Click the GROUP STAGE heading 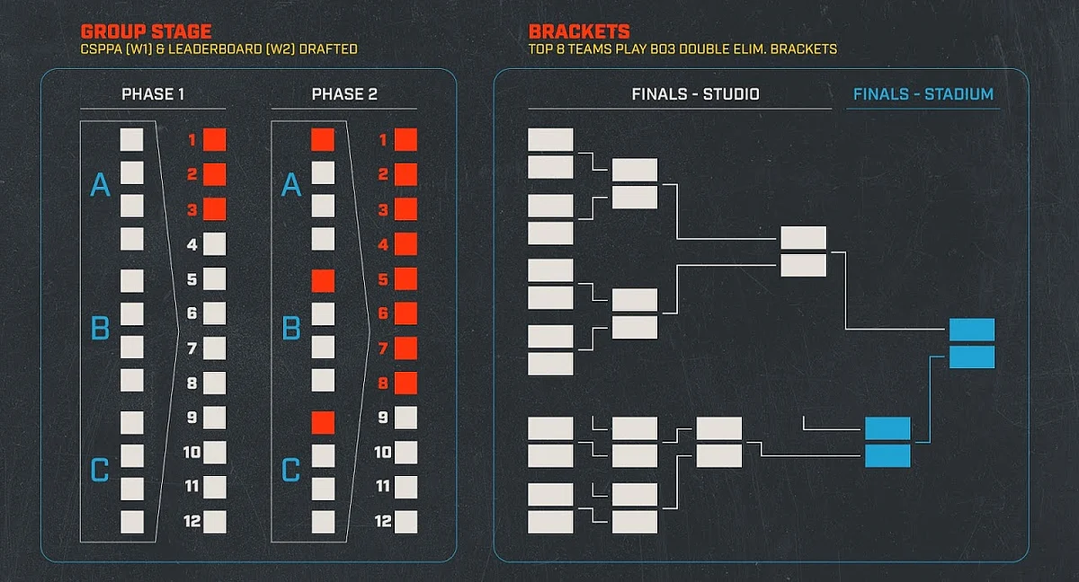click(x=146, y=31)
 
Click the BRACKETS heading click(x=579, y=31)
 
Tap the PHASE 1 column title click(x=153, y=94)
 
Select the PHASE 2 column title click(x=344, y=94)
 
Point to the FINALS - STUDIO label click(x=696, y=94)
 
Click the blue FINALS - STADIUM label click(x=923, y=94)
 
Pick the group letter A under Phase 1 click(x=100, y=185)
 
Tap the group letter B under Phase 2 click(x=291, y=328)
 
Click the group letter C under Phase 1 click(x=100, y=470)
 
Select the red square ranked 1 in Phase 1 click(x=214, y=140)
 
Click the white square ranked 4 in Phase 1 click(x=214, y=244)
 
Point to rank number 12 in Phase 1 click(x=192, y=521)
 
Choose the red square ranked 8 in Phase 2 click(x=406, y=383)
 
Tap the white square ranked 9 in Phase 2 click(x=406, y=418)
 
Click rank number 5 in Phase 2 click(x=383, y=279)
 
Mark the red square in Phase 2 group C click(x=323, y=422)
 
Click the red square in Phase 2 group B click(x=323, y=281)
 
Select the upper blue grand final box click(x=972, y=330)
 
